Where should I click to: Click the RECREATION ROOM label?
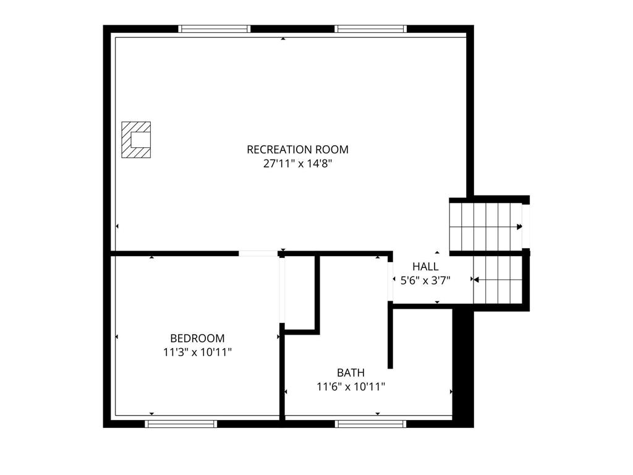pos(297,150)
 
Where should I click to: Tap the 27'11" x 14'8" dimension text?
pos(297,163)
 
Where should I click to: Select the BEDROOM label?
pos(197,338)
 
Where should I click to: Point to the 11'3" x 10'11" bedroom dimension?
pos(197,352)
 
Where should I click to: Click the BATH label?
pos(351,372)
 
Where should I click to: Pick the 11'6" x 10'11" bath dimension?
pos(351,387)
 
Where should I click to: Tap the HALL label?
pos(425,267)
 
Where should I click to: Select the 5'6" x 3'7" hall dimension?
pos(425,280)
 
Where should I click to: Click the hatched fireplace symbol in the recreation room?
pos(136,140)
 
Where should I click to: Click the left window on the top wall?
pos(215,28)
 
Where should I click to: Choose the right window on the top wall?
pos(371,28)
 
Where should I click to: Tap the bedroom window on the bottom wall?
pos(181,424)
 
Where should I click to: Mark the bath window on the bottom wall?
pos(371,424)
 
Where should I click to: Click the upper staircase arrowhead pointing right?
pos(519,227)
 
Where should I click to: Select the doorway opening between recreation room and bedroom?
pos(258,254)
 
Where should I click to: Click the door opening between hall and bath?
pos(391,281)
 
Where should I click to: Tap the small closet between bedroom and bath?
pos(300,293)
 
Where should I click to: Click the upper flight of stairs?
pos(486,226)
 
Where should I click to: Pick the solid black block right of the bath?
pos(463,366)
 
